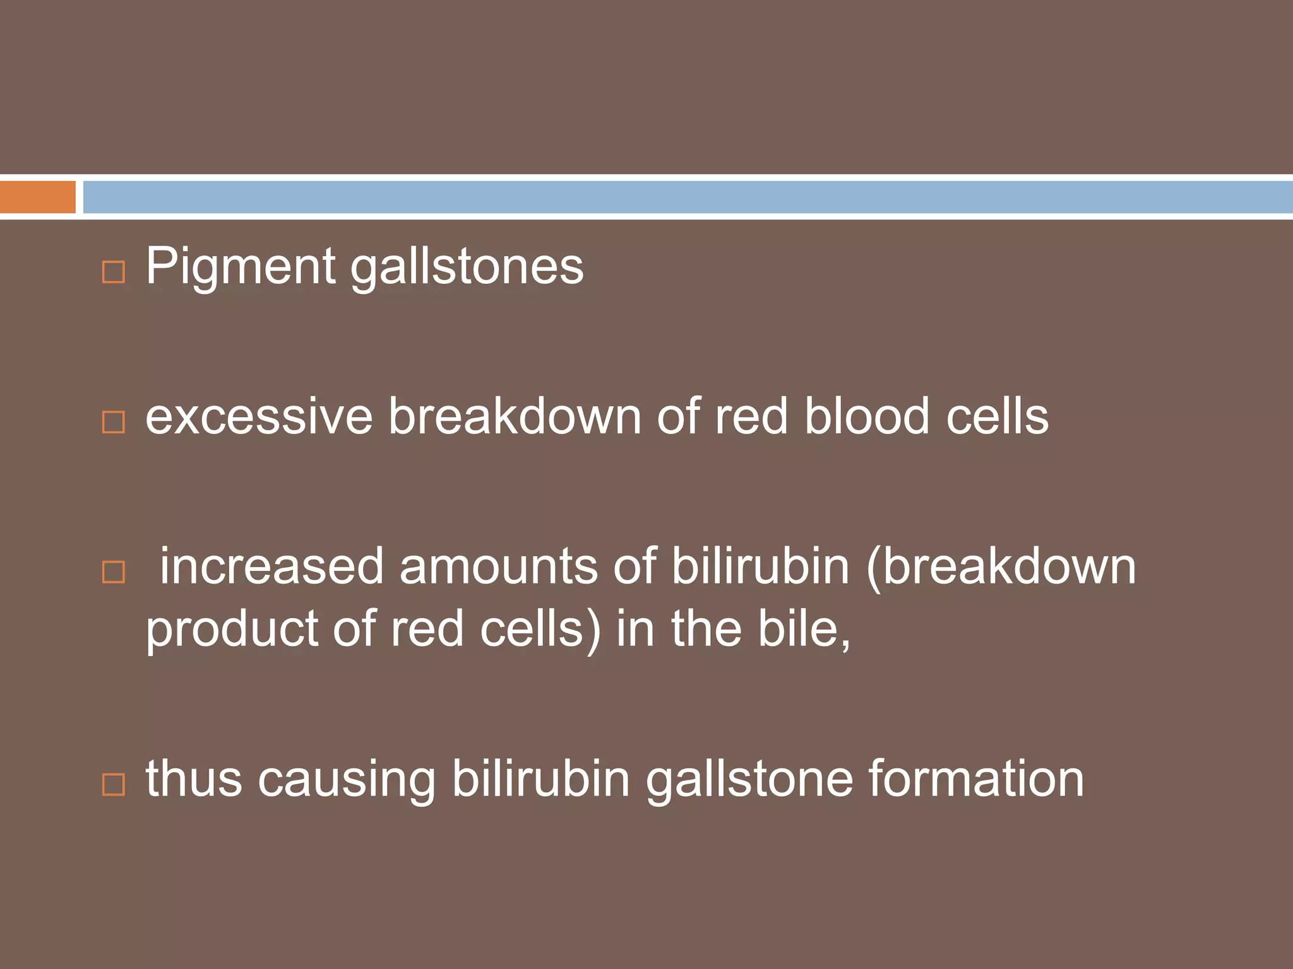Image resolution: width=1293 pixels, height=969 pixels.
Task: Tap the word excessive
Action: click(x=259, y=417)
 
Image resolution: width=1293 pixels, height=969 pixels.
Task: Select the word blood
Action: click(x=867, y=417)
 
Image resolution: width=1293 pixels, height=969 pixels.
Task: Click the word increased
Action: click(x=271, y=567)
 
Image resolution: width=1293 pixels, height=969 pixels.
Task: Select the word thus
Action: click(x=194, y=779)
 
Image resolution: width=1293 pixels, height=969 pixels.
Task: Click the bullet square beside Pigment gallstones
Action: click(x=114, y=272)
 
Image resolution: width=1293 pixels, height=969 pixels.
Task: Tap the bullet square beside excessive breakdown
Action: click(x=114, y=422)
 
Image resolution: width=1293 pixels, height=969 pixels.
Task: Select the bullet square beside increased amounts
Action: click(x=114, y=572)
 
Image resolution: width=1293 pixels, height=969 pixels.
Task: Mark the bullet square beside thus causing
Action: click(x=114, y=784)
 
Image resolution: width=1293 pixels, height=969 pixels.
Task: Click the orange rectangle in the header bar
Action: click(x=37, y=197)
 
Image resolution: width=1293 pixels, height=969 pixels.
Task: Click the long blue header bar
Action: click(x=687, y=197)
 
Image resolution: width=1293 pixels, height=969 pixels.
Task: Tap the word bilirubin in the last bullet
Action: click(x=540, y=779)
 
